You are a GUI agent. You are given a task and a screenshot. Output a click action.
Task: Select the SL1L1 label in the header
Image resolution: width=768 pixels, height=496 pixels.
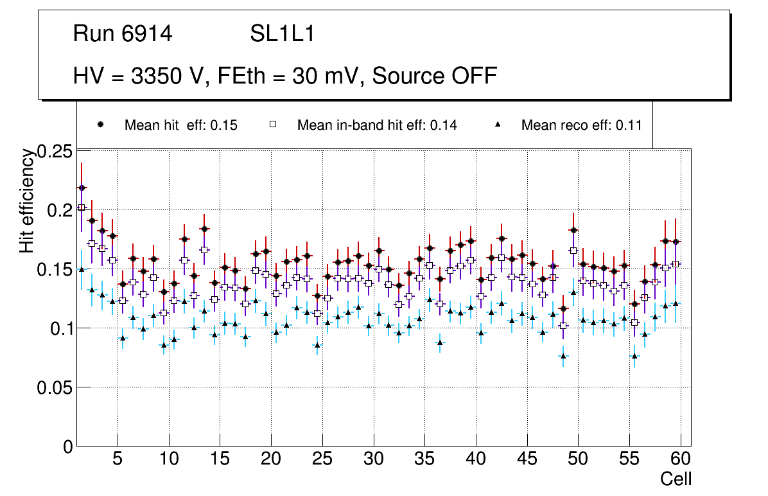coord(282,34)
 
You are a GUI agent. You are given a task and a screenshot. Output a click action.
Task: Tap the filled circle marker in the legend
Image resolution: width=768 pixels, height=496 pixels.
coord(100,125)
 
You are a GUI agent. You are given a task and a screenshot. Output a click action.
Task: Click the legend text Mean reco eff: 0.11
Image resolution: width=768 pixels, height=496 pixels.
coord(582,125)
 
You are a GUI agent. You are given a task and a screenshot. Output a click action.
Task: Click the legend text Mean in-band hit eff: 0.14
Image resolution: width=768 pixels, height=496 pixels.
coord(377,125)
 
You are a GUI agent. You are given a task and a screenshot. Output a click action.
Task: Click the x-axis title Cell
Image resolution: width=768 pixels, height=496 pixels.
coord(676,479)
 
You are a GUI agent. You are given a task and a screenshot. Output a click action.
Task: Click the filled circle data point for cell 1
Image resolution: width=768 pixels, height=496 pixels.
coord(82,188)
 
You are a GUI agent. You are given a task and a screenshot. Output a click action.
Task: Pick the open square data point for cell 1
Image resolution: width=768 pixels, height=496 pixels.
coord(82,208)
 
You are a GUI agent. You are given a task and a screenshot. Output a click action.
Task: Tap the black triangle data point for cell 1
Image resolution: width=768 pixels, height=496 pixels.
coord(82,270)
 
